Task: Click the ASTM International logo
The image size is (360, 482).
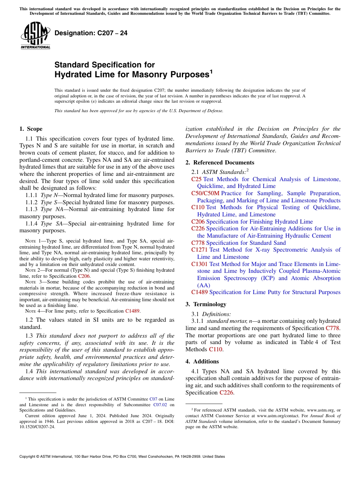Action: click(35, 36)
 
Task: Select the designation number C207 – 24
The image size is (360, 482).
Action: click(91, 33)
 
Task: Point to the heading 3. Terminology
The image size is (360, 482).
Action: click(206, 304)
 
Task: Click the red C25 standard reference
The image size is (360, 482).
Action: click(196, 179)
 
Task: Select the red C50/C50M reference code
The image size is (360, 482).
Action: click(205, 193)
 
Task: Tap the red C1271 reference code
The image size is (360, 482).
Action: click(199, 250)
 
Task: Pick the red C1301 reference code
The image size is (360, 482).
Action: click(199, 264)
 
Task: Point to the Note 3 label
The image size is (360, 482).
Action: click(31, 282)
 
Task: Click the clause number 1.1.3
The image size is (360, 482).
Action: click(32, 209)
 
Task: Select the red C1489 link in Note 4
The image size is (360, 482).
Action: click(132, 311)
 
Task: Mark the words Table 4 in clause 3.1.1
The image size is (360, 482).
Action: click(310, 342)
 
